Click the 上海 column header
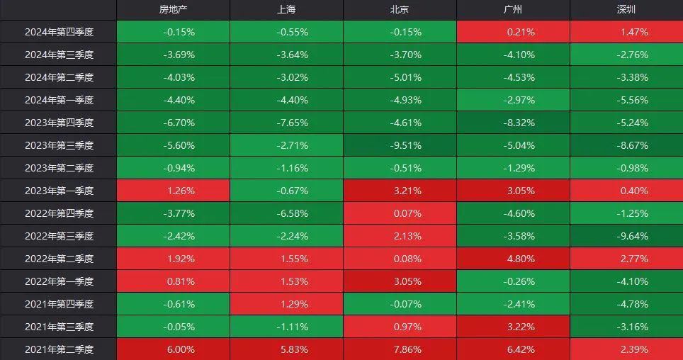coord(286,10)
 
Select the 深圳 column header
coord(626,10)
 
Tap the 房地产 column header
coord(173,10)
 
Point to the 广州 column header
coord(513,10)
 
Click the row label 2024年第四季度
coord(60,32)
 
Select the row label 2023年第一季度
coord(60,191)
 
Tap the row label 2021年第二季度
coord(60,349)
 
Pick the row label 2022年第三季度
coord(60,236)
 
